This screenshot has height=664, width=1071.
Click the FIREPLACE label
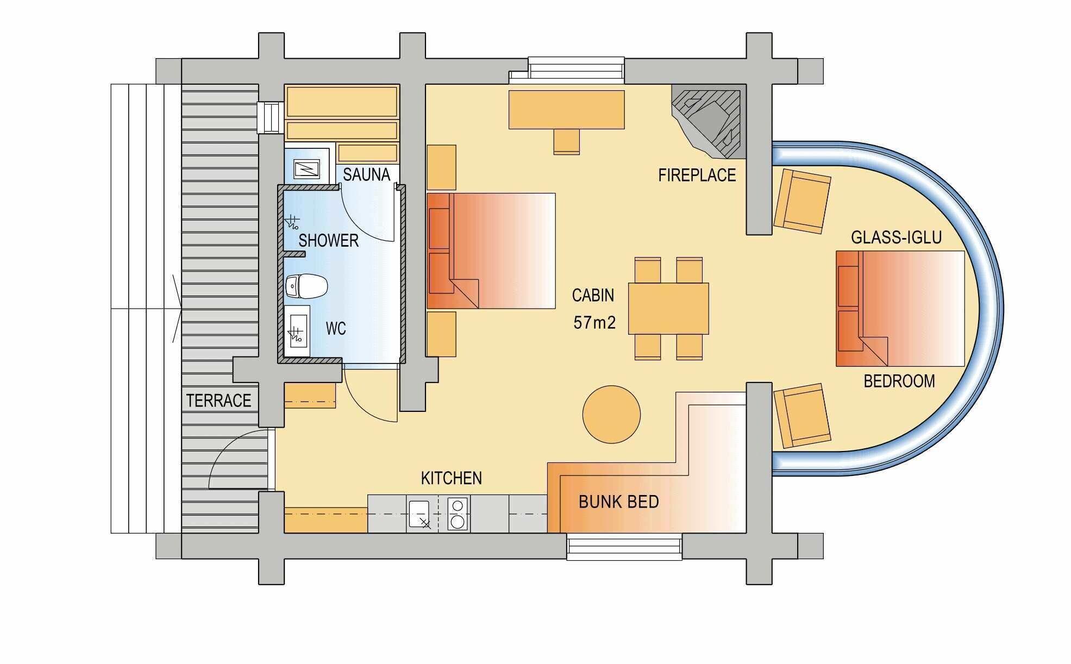click(x=697, y=175)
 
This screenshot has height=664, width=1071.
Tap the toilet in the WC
click(x=306, y=286)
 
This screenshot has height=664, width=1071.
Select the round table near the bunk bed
click(x=611, y=415)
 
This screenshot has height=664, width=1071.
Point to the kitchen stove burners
click(x=458, y=514)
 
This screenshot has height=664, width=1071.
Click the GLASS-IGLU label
click(x=896, y=237)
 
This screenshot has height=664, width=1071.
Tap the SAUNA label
click(x=366, y=174)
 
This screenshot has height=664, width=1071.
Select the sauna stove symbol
click(x=307, y=169)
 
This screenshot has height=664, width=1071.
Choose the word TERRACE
click(x=218, y=400)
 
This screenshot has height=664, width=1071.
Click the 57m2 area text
click(x=594, y=323)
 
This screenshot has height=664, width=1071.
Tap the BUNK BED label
click(x=618, y=502)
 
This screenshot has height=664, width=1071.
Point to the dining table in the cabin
click(x=668, y=308)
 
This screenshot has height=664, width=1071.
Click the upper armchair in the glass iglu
click(x=802, y=199)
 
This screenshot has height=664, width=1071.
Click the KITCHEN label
click(x=451, y=478)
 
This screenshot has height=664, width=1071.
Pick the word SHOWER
click(x=328, y=240)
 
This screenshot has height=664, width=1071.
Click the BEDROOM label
click(x=899, y=381)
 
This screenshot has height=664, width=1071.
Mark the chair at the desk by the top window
click(x=567, y=141)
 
